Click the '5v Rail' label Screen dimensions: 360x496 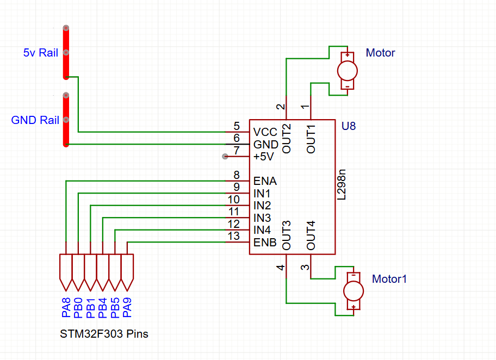coord(40,53)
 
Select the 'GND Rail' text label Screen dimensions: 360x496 coord(35,120)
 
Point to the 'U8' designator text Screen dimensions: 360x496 coord(349,126)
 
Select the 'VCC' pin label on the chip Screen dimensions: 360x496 coord(265,133)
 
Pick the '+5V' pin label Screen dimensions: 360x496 coord(264,157)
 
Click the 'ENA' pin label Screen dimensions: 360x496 coord(265,181)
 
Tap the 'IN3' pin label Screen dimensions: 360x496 coord(262,218)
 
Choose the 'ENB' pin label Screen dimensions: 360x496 coord(265,242)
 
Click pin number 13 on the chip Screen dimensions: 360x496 coord(234,236)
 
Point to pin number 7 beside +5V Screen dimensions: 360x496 coord(236,151)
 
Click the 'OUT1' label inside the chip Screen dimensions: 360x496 coord(311,139)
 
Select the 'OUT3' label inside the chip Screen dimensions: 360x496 coord(287,235)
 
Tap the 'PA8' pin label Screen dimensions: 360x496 coord(66,307)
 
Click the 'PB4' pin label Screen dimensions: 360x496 coord(102,307)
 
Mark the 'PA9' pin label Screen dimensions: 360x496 coord(127,307)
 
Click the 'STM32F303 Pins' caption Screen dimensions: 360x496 coord(104,334)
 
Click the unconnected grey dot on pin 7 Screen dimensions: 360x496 coord(225,157)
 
